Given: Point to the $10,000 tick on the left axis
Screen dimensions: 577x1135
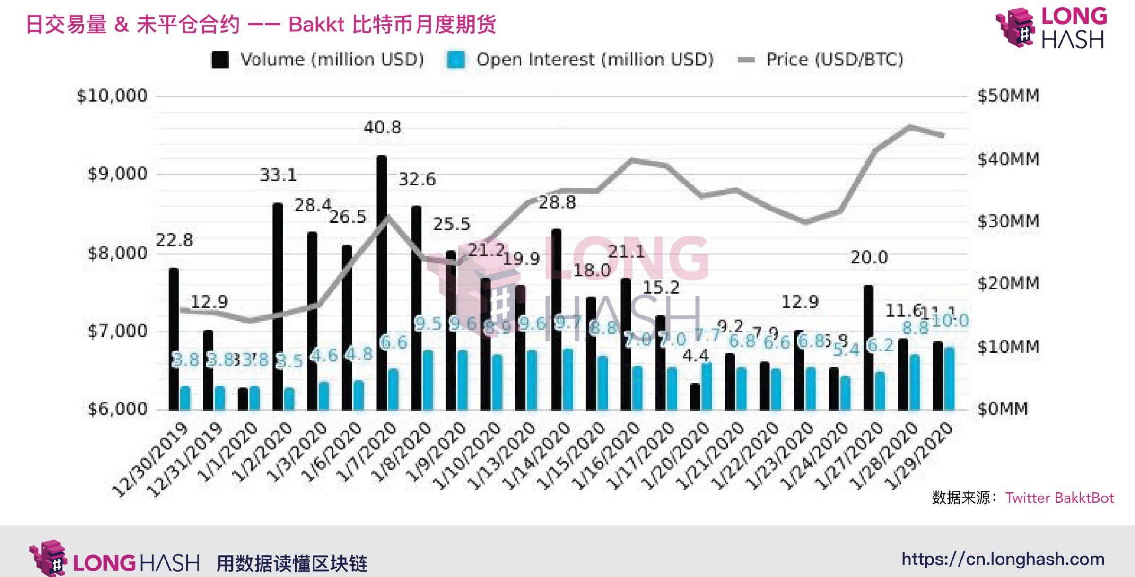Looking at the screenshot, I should (x=112, y=96).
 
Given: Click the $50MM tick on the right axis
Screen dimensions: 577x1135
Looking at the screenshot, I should (x=1008, y=96).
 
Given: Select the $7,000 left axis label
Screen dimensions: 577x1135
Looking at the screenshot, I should (x=118, y=331).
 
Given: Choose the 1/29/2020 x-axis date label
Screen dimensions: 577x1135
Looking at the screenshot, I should (x=920, y=454).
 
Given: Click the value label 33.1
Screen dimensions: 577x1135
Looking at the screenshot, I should (x=278, y=175).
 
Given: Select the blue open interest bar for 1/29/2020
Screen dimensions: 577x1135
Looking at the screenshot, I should (x=949, y=378).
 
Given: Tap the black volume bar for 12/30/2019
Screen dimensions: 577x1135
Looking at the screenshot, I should (x=174, y=339).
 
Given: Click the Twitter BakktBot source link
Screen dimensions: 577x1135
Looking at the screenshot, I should (x=1059, y=498).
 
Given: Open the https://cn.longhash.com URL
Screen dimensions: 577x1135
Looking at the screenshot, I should (x=1003, y=560).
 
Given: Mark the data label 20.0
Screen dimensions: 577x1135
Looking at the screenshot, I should (x=869, y=258).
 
